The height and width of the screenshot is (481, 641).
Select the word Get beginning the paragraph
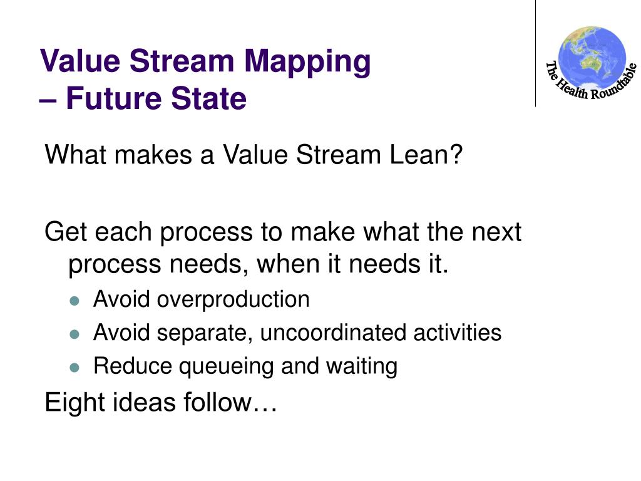point(64,232)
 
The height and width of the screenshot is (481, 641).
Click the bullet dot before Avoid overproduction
point(75,301)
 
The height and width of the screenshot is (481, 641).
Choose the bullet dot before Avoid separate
point(75,334)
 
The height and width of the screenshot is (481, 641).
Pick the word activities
point(457,333)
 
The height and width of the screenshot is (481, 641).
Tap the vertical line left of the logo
point(536,53)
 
